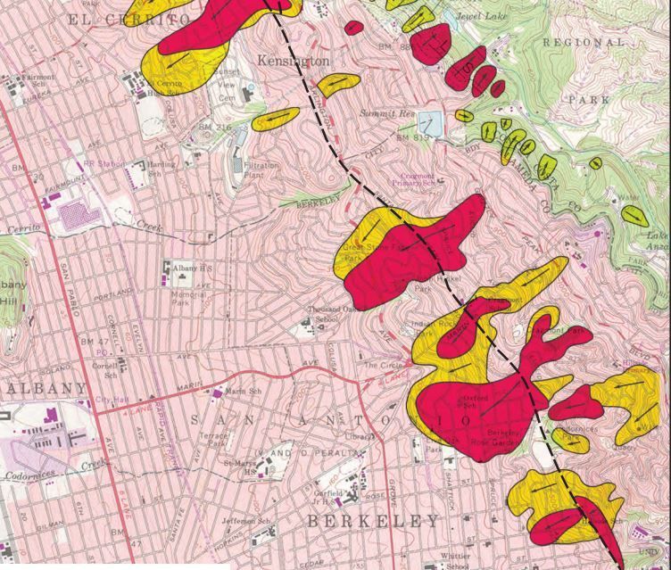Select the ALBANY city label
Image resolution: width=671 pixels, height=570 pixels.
tap(45, 388)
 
